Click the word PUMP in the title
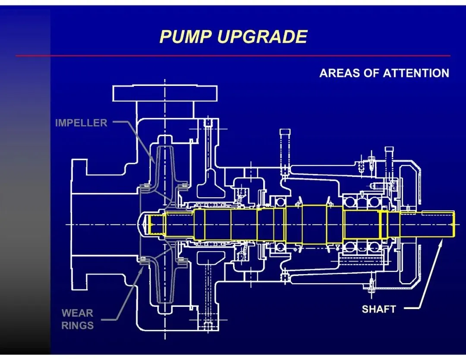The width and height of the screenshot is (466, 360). pyautogui.click(x=186, y=37)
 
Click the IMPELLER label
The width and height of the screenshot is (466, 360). pyautogui.click(x=81, y=123)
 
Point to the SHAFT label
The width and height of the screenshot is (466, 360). pyautogui.click(x=378, y=309)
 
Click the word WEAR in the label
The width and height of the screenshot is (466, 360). pyautogui.click(x=77, y=313)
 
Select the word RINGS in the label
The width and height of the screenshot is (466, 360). pyautogui.click(x=77, y=325)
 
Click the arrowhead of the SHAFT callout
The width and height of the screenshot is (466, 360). pyautogui.click(x=441, y=242)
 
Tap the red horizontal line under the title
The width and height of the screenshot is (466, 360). pyautogui.click(x=233, y=56)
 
